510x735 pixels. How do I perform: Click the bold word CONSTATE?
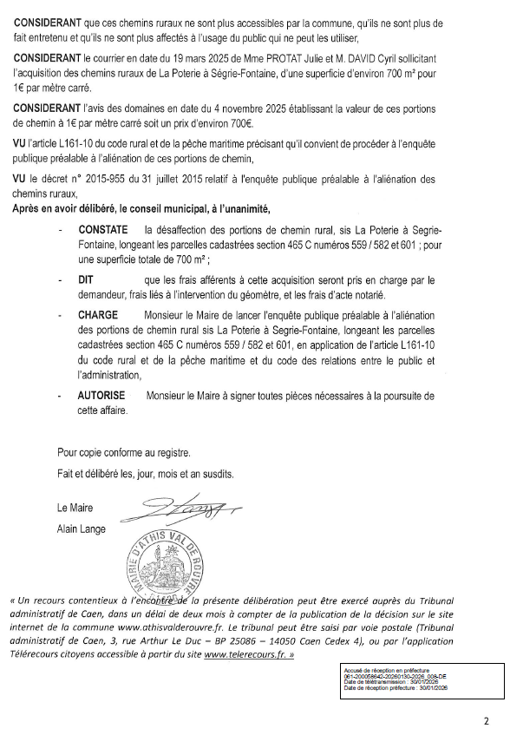[x=102, y=230]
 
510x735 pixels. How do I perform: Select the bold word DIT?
[x=86, y=280]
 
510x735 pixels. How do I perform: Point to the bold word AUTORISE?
[x=101, y=396]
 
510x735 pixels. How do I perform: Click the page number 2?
[x=486, y=719]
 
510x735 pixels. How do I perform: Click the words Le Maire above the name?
[x=74, y=509]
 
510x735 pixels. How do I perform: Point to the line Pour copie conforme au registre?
[x=123, y=453]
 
